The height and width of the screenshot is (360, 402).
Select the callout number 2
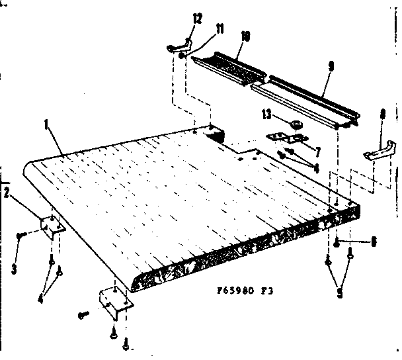[x=7, y=193]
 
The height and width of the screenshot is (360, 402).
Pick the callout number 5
[x=341, y=292]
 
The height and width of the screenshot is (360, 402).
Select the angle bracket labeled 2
[x=50, y=226]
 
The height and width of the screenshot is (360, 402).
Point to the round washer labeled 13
[x=296, y=124]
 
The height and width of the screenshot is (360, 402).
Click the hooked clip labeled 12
[x=179, y=46]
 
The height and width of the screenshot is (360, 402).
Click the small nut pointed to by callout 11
[x=182, y=56]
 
